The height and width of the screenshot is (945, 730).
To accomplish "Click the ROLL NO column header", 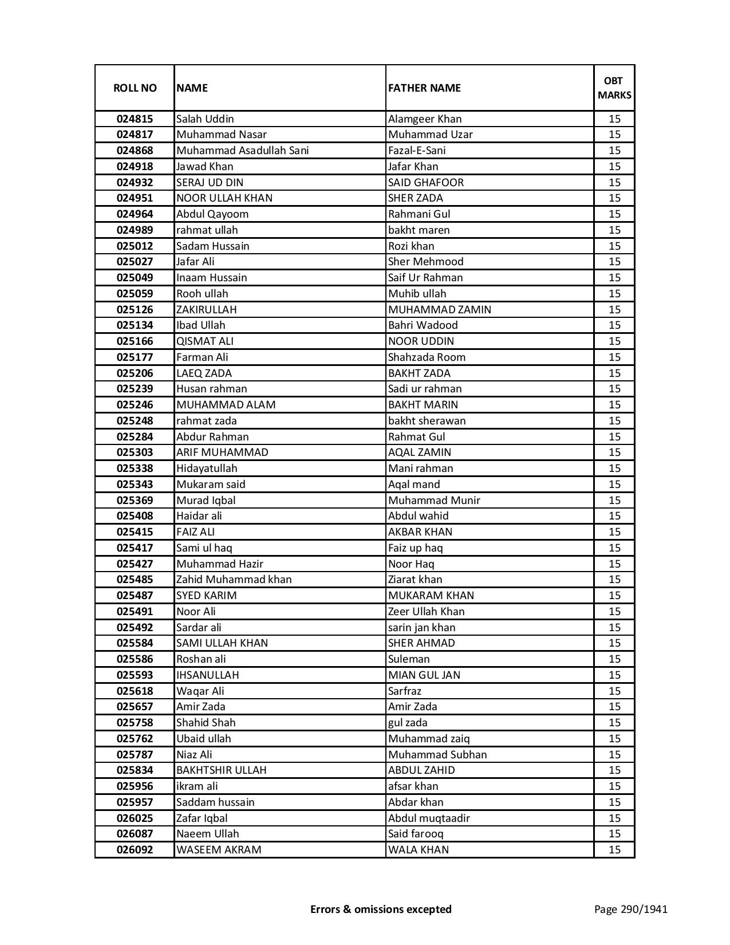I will coord(135,88).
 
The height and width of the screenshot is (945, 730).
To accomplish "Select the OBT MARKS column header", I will coord(614,88).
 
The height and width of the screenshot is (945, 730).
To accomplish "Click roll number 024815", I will coord(135,119).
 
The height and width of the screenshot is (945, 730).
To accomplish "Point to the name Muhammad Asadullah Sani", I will coord(242,151).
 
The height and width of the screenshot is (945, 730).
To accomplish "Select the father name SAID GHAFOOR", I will coord(425,183).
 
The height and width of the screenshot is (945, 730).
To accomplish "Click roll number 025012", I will coord(135,246).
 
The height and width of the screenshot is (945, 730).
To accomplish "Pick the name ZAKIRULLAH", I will coord(206,310).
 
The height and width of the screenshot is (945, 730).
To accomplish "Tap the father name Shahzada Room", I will coord(427,357).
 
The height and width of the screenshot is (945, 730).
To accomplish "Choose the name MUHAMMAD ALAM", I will coord(226,405).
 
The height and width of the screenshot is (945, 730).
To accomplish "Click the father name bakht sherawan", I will coord(427,421).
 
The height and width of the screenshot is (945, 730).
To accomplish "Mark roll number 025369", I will coord(135,501).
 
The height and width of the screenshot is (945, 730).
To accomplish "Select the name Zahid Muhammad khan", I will coord(234,580).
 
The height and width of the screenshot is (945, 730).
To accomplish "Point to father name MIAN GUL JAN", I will coord(424,675).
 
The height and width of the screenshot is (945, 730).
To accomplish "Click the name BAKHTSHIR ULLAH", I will coord(221,770).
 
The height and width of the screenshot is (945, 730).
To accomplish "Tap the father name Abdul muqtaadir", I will coord(428,818).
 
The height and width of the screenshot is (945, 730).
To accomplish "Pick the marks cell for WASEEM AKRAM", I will coord(614,850).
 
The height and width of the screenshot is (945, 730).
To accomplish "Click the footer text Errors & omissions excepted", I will coord(381,909).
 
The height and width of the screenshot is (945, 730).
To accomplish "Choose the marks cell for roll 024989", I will coord(614,230).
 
